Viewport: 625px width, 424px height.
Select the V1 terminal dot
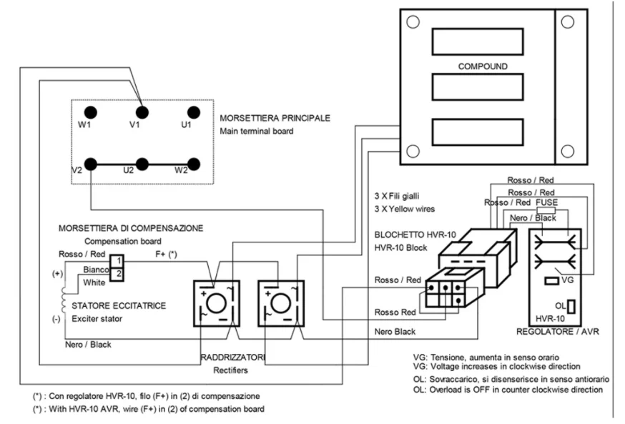pos(142,112)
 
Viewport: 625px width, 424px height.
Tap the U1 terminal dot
pos(192,112)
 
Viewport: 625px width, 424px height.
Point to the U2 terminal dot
pos(142,164)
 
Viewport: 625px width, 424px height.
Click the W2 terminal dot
pos(192,164)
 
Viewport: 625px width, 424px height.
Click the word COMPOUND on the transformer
pos(483,65)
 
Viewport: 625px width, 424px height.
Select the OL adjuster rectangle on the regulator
pos(573,306)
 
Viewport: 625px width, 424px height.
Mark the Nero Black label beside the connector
pos(396,332)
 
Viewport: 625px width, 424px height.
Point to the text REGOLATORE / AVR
pos(551,332)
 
